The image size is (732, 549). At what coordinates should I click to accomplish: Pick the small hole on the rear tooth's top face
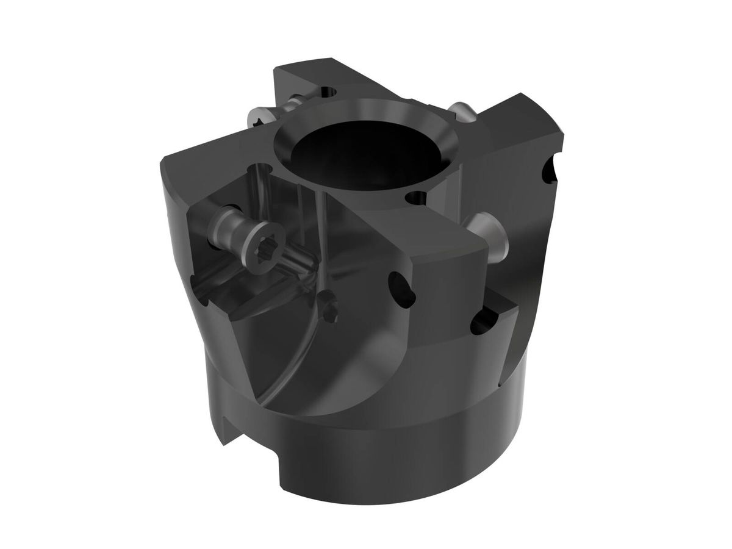pyautogui.click(x=329, y=91)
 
